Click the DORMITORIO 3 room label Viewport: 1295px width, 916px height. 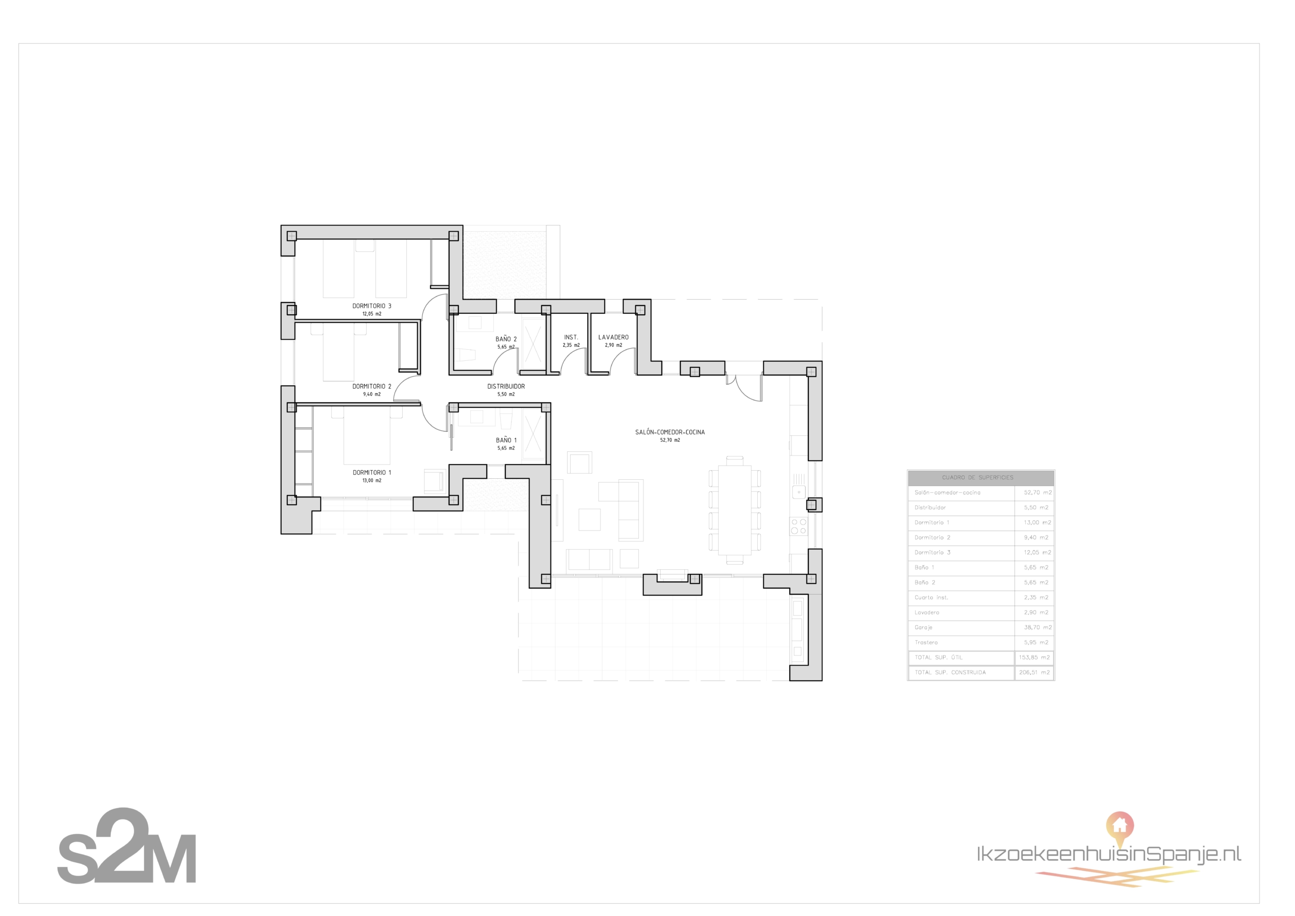[372, 306]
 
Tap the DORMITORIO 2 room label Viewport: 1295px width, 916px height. [372, 387]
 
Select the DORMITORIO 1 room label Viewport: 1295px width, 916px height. [372, 472]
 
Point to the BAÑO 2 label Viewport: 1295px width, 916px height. [506, 339]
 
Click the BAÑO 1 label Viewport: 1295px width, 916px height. [506, 440]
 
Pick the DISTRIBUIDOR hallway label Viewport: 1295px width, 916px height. [506, 387]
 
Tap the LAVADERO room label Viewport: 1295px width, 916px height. [613, 338]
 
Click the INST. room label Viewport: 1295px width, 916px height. [571, 338]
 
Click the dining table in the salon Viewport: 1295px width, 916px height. [735, 510]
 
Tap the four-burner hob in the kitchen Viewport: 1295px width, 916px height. [799, 526]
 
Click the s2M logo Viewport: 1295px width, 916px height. [126, 847]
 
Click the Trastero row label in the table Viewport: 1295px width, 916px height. [926, 642]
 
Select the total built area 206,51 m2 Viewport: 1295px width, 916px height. [1034, 672]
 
